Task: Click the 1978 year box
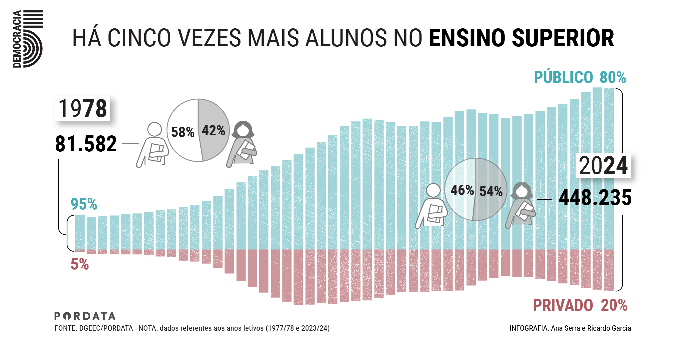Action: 82,109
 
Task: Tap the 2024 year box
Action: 603,166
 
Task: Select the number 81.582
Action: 86,144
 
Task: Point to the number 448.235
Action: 595,198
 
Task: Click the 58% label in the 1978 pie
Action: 183,132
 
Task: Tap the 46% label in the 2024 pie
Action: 462,190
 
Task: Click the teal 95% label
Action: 84,204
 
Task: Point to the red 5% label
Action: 80,264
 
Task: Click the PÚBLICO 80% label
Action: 580,77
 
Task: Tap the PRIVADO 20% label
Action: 580,305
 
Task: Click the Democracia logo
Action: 28,39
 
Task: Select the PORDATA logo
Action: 85,316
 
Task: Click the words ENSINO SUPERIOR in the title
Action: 521,38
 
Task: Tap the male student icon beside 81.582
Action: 153,145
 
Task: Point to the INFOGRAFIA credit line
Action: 570,328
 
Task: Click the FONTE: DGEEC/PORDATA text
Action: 94,328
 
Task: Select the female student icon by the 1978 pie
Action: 243,144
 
